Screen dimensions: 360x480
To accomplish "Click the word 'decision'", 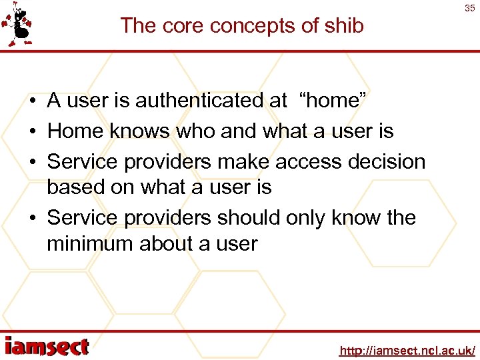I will tap(393, 162).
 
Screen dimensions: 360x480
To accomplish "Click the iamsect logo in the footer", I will tap(47, 347).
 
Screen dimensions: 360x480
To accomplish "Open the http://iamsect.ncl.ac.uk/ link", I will tap(407, 350).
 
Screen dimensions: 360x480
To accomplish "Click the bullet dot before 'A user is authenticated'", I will tap(32, 101).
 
